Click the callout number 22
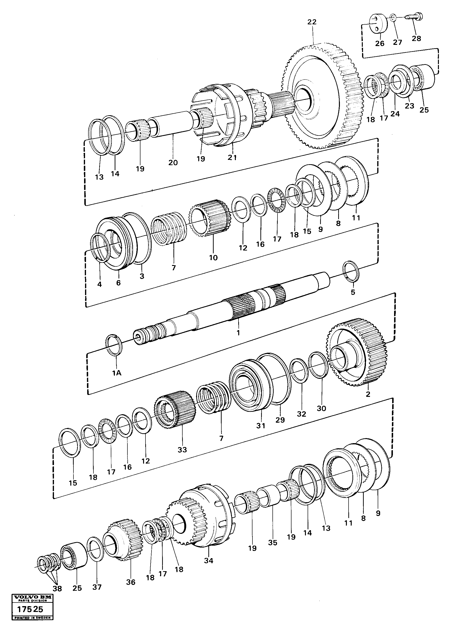pyautogui.click(x=312, y=22)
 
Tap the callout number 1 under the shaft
pyautogui.click(x=238, y=333)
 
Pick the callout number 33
pyautogui.click(x=182, y=450)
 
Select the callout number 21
pyautogui.click(x=232, y=158)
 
